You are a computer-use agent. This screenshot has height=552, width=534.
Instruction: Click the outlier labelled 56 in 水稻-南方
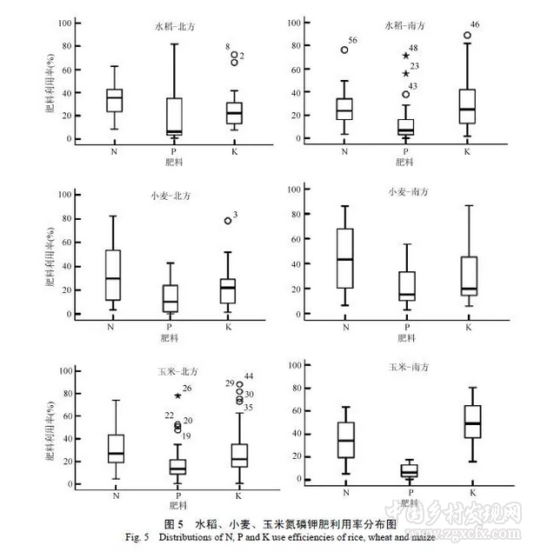(345, 50)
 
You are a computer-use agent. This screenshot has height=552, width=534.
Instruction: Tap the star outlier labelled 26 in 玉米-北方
(178, 396)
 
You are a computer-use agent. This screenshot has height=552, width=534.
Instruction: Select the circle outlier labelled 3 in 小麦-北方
(229, 221)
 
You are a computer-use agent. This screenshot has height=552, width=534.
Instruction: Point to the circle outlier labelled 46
(467, 36)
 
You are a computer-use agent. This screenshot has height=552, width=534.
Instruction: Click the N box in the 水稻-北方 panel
(115, 100)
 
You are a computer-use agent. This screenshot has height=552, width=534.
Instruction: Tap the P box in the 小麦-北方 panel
(171, 298)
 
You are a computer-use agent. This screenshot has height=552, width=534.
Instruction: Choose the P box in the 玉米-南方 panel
(409, 470)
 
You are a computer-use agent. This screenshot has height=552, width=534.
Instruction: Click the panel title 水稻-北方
(172, 27)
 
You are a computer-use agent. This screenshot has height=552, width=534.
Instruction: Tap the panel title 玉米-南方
(409, 368)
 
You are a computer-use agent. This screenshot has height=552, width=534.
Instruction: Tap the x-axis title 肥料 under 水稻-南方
(404, 162)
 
